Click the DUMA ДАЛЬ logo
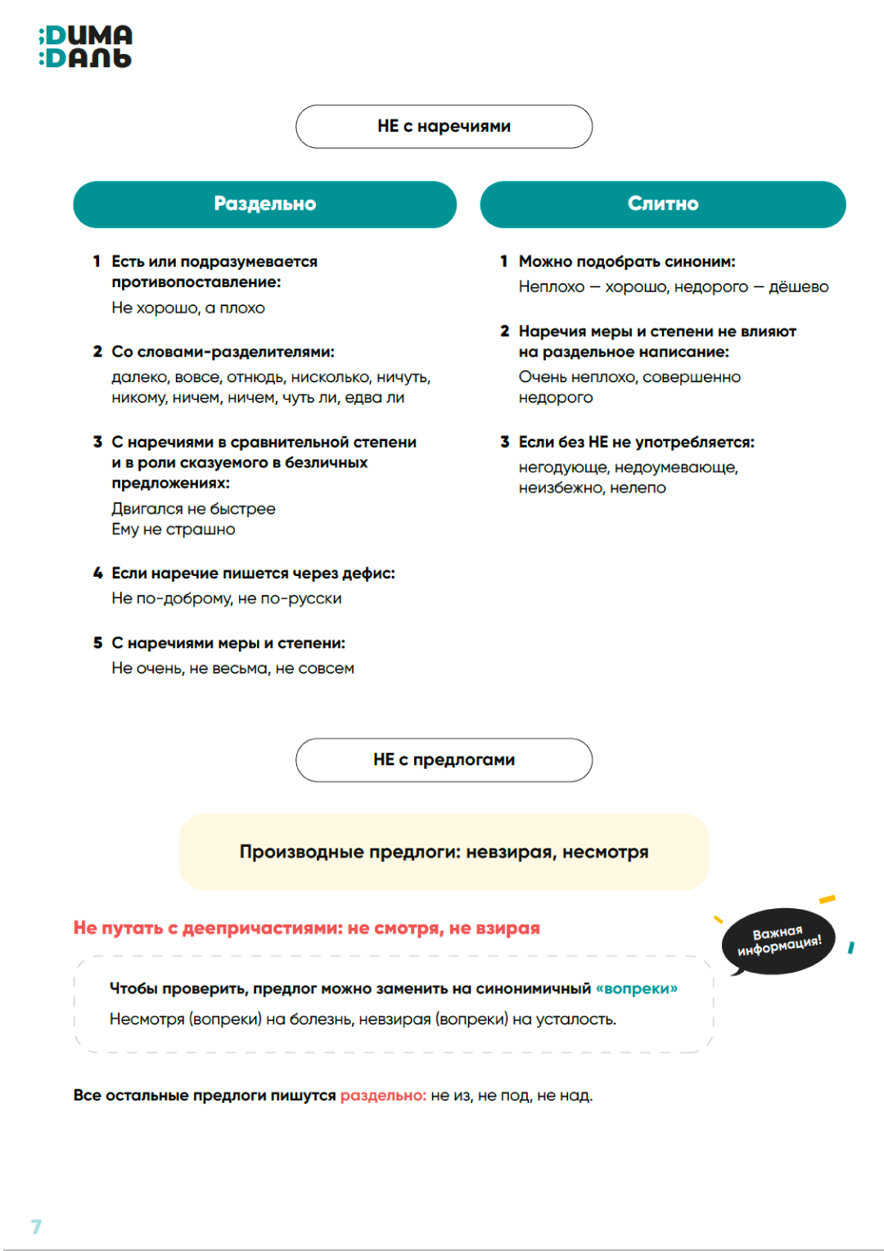point(85,47)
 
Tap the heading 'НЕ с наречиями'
point(444,126)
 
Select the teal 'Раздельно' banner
point(264,204)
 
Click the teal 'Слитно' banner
point(662,204)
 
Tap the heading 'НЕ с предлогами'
point(444,759)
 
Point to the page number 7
point(36,1226)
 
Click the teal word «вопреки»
point(637,988)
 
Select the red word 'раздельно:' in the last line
point(383,1095)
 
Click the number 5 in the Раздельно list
point(97,643)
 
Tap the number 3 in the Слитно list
point(505,442)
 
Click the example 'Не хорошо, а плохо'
point(188,308)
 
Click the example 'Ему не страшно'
point(174,529)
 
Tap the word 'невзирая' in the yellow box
point(509,852)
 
